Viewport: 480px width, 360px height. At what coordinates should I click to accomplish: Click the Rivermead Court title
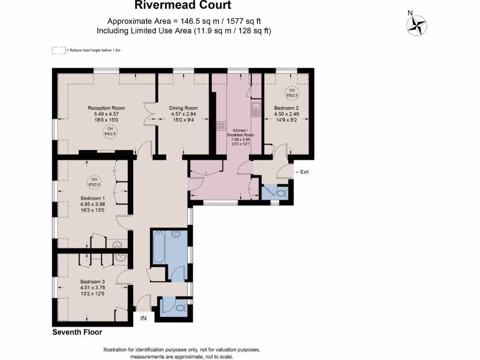point(183,6)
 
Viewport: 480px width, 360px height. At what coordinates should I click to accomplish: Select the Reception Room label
point(106,108)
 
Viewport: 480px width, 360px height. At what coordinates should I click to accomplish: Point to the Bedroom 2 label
point(286,108)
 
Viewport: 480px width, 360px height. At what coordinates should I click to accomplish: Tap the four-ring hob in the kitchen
point(221,126)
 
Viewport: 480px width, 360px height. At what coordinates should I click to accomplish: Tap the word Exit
point(304,172)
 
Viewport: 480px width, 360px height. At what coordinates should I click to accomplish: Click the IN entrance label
point(144,318)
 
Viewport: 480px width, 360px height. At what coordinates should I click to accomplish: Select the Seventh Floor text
point(77,332)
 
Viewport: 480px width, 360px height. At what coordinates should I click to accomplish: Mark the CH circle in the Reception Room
point(109,130)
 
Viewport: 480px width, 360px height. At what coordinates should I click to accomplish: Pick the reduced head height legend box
point(59,50)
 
